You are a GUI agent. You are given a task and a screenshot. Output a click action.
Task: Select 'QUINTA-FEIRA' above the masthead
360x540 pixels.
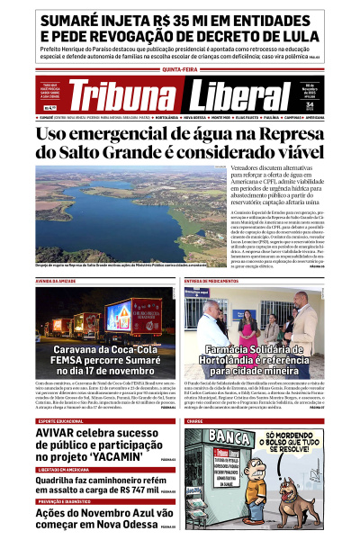[180, 69]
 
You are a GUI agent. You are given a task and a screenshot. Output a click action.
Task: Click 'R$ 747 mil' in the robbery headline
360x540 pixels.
[136, 490]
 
